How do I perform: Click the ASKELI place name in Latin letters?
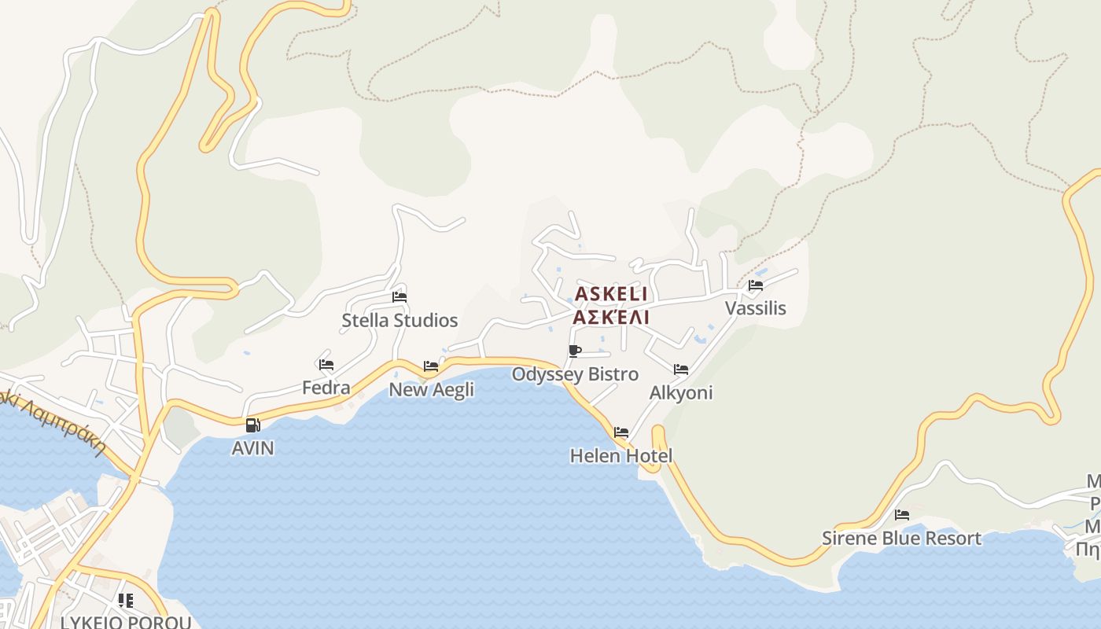tap(611, 294)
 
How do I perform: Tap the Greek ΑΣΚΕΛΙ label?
tap(611, 317)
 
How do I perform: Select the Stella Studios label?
tap(400, 321)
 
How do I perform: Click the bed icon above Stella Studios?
tap(400, 297)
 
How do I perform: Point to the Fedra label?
tap(326, 388)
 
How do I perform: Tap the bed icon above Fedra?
tap(326, 365)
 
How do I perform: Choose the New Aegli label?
tap(432, 389)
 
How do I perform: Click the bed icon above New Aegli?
tap(431, 366)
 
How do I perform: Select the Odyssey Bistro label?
tap(575, 374)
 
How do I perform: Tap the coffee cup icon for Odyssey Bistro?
tap(575, 351)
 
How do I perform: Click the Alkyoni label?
tap(681, 392)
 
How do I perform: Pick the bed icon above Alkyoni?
tap(681, 369)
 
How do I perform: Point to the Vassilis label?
tap(756, 308)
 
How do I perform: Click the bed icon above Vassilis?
tap(756, 285)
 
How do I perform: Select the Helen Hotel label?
tap(621, 456)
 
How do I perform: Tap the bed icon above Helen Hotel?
tap(621, 432)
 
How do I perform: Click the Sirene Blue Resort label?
tap(901, 539)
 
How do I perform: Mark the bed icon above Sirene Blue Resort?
tap(902, 515)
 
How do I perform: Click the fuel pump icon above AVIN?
tap(253, 425)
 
